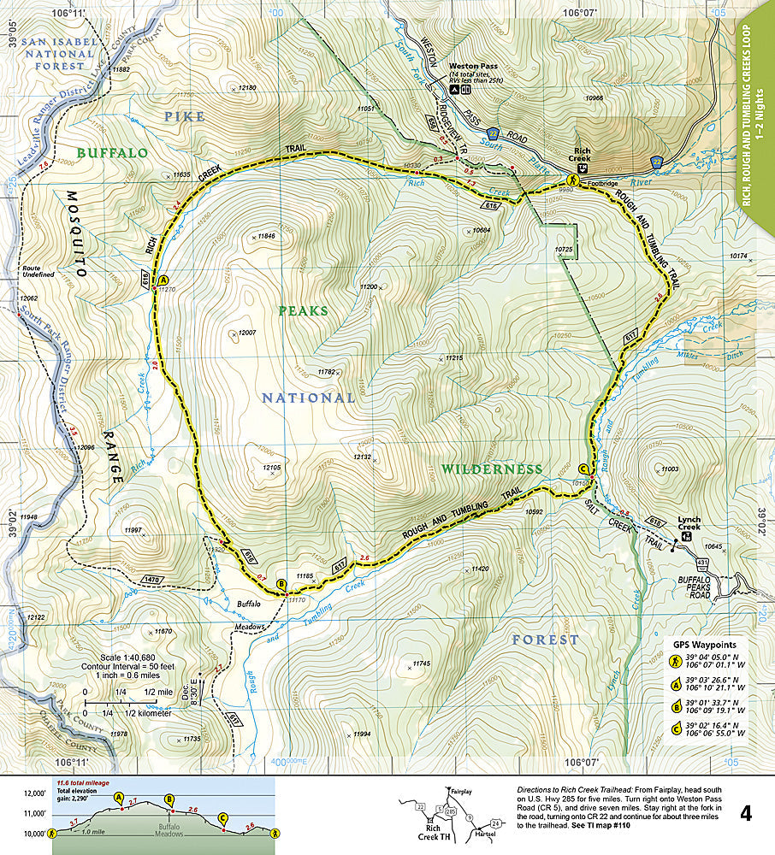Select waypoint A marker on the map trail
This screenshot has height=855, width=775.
coord(164,280)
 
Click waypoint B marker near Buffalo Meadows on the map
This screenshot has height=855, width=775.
coord(281,585)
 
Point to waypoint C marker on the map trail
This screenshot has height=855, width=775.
coord(583,469)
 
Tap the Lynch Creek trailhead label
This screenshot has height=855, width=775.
coord(689,522)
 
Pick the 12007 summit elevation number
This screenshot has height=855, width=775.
coord(247,333)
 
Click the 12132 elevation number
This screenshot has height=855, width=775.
coord(362,457)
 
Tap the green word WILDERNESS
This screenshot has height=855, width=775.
coord(492,469)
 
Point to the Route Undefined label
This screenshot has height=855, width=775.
coord(40,271)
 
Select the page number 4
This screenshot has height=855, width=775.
coord(746,813)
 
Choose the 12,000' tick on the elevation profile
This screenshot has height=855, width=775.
coord(33,793)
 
